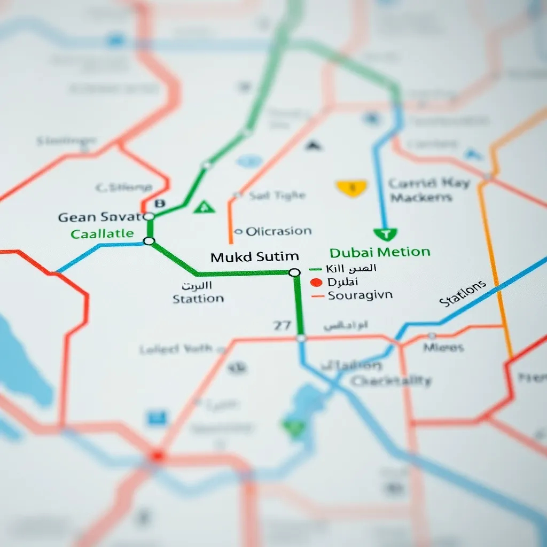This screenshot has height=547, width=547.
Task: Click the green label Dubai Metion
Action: (380, 252)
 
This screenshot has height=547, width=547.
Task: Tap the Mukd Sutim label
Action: (254, 257)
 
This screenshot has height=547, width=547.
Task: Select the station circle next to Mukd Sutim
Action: (294, 272)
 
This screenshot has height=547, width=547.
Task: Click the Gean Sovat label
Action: (99, 217)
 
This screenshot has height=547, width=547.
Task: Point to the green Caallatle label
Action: (102, 233)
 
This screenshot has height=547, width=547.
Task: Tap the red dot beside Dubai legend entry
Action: (316, 282)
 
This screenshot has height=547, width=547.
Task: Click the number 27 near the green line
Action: (282, 325)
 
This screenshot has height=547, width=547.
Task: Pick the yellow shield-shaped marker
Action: (351, 187)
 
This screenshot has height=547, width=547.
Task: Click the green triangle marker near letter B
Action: (204, 207)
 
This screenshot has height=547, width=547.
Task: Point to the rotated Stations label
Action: (463, 293)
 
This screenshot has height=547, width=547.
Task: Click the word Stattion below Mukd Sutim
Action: (198, 299)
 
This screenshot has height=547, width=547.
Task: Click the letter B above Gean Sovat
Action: (159, 203)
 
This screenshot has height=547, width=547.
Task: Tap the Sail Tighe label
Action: (277, 196)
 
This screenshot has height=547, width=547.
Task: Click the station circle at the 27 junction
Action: (301, 338)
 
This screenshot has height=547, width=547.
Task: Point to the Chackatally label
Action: (391, 381)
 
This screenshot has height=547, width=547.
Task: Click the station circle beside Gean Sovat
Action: (149, 216)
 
